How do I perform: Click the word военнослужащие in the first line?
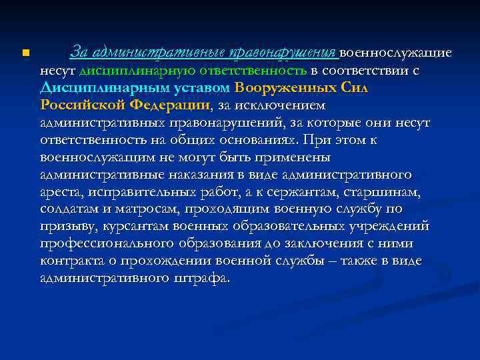[396, 52]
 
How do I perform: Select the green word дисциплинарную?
[125, 70]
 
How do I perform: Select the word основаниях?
[257, 140]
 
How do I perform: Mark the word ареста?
[60, 193]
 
